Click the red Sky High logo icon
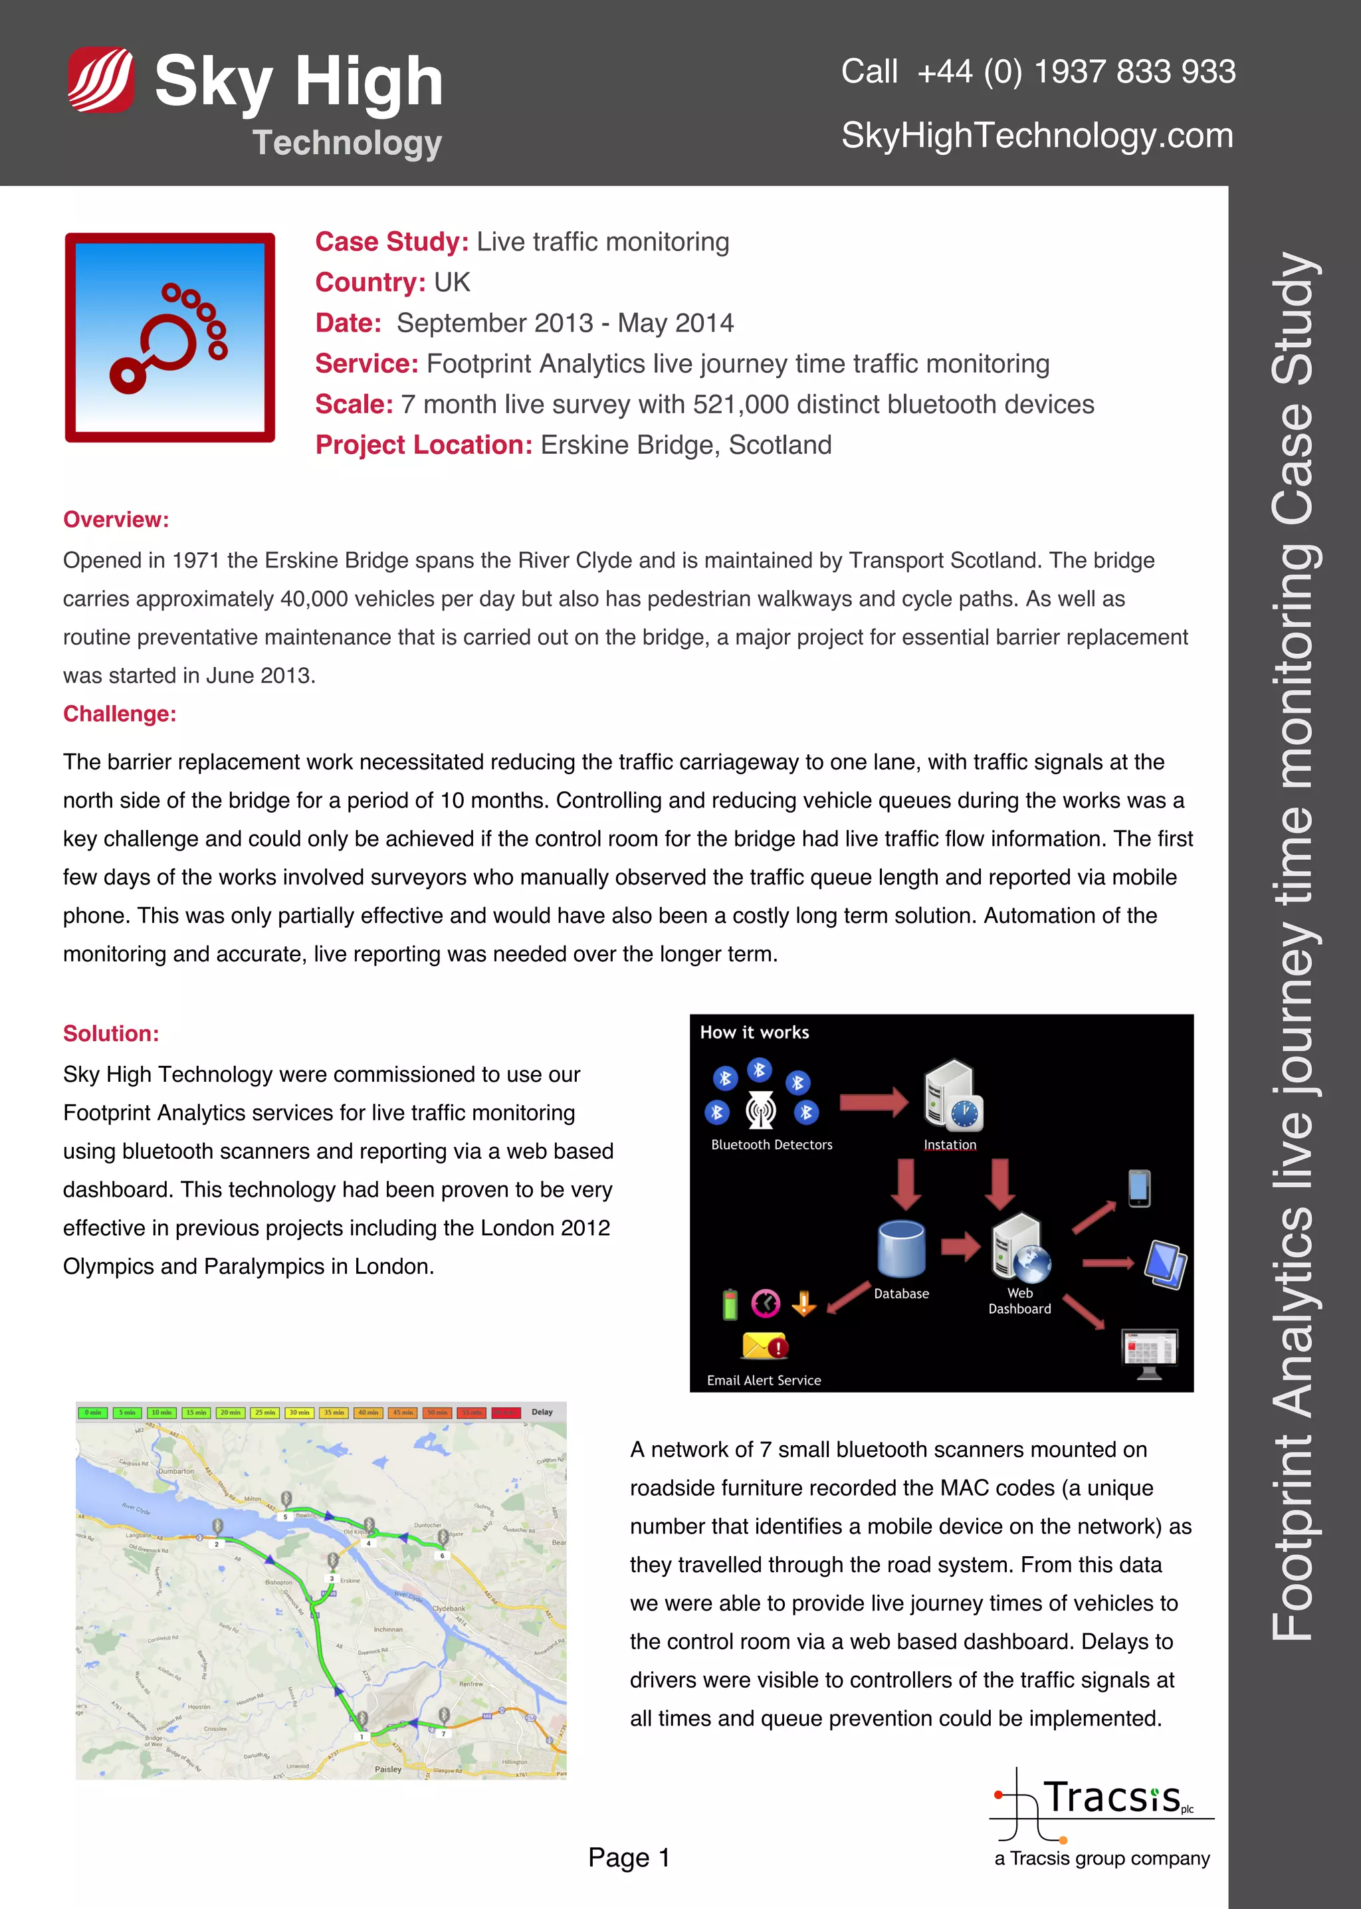(x=100, y=80)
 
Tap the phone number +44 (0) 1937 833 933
(x=1076, y=72)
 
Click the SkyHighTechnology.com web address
(x=1037, y=136)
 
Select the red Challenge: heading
(x=120, y=714)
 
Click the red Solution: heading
(x=110, y=1033)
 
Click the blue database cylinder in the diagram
(x=901, y=1249)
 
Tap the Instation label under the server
(x=950, y=1145)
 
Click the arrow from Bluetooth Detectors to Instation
(x=873, y=1102)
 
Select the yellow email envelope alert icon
(x=764, y=1346)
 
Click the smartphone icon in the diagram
(x=1139, y=1188)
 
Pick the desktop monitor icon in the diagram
(x=1150, y=1352)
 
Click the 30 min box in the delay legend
(x=299, y=1413)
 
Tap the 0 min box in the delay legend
(x=93, y=1413)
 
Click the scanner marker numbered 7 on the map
(x=444, y=1717)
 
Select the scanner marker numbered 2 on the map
(x=217, y=1528)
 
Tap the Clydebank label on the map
(x=449, y=1608)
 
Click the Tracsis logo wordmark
(x=1111, y=1797)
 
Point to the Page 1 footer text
(x=629, y=1858)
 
